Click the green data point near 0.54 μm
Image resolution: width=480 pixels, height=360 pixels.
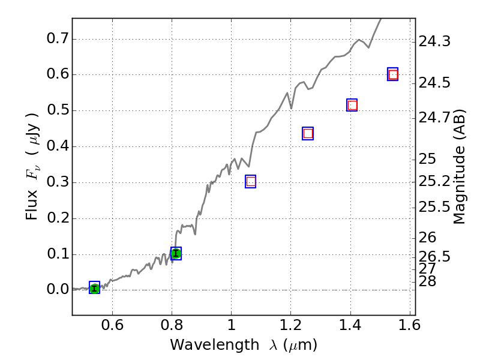point(94,288)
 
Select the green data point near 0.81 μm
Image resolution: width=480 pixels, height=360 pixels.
point(176,253)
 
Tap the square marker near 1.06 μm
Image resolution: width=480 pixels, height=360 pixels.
point(251,181)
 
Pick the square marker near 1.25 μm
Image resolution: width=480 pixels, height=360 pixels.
point(308,133)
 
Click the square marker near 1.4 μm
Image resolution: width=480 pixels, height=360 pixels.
point(352,105)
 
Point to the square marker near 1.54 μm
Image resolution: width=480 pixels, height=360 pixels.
point(393,74)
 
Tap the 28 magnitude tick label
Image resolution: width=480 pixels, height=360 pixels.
point(430,281)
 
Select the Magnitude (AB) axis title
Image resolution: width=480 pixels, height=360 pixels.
point(460,166)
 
